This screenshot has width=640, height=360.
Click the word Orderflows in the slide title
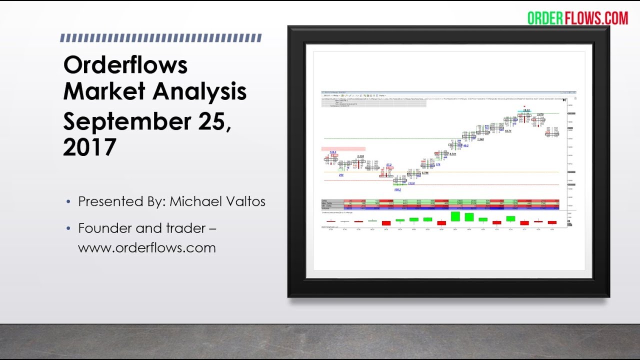pyautogui.click(x=125, y=65)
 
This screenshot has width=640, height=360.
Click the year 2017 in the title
pyautogui.click(x=89, y=147)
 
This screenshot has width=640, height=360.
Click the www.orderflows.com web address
pyautogui.click(x=146, y=247)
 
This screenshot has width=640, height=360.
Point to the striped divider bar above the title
pyautogui.click(x=160, y=38)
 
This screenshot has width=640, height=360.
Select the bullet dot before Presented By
pyautogui.click(x=68, y=202)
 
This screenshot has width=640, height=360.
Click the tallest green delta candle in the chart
pyautogui.click(x=455, y=216)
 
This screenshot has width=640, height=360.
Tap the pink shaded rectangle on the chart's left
pyautogui.click(x=343, y=148)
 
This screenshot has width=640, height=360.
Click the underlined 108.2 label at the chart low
pyautogui.click(x=397, y=190)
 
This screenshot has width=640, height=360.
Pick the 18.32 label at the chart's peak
pyautogui.click(x=526, y=110)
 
